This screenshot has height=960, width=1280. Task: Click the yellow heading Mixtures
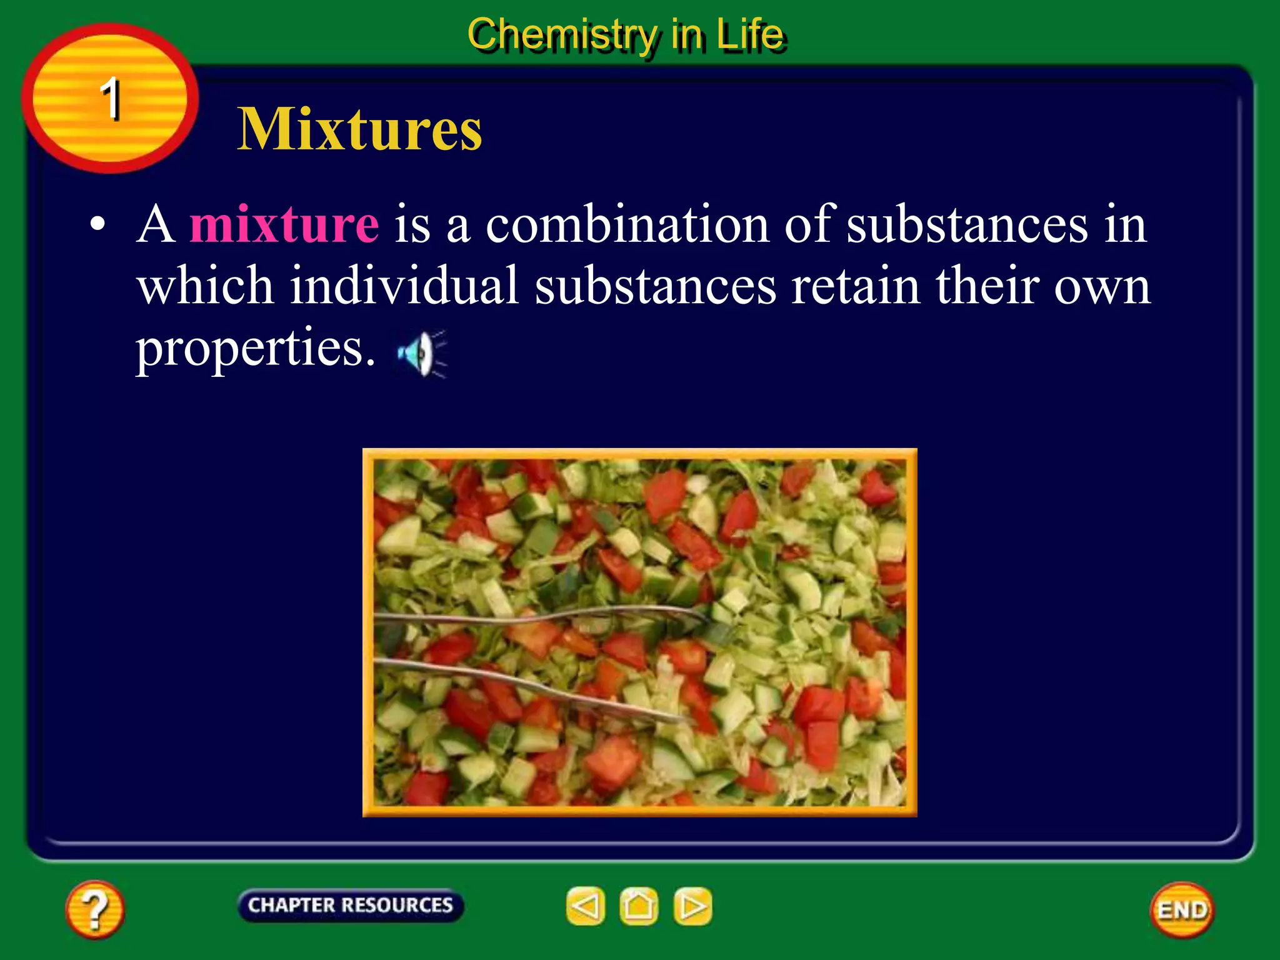(x=359, y=129)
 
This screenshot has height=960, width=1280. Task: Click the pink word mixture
(x=284, y=224)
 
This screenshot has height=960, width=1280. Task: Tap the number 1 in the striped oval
(x=111, y=98)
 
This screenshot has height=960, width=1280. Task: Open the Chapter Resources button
(x=350, y=905)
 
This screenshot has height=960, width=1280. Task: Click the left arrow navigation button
(x=585, y=906)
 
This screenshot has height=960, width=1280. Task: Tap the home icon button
(x=639, y=906)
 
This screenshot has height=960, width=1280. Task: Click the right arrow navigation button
(x=692, y=906)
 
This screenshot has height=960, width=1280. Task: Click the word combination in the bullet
(x=627, y=224)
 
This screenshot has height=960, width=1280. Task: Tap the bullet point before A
(x=97, y=224)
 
